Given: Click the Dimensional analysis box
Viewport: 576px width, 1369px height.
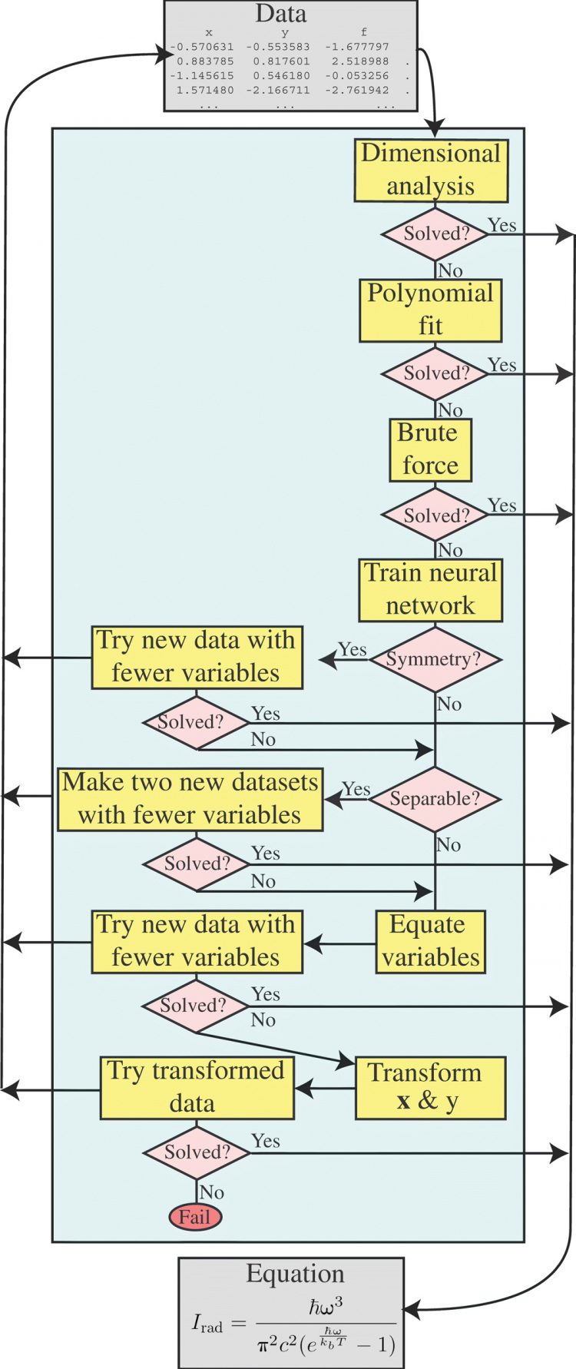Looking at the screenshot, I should point(431,170).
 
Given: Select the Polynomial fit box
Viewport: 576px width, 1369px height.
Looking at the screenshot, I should point(430,310).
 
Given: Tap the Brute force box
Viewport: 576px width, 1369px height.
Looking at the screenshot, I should point(430,449).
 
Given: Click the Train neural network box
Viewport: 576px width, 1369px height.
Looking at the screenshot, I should point(430,589).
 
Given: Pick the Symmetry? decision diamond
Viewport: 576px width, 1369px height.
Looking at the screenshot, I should point(435,659).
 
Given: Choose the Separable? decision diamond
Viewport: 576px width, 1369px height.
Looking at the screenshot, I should point(435,799).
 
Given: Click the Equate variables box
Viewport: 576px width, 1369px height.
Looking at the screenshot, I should point(430,941).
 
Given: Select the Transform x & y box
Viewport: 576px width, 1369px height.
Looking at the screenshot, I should point(430,1087).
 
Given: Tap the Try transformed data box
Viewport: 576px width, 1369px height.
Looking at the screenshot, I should point(197,1087).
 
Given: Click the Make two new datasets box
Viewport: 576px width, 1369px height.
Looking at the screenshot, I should point(190,799).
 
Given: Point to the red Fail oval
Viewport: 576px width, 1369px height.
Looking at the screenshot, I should point(195,1217).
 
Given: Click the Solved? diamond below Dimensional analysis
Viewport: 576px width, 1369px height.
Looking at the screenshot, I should point(435,234).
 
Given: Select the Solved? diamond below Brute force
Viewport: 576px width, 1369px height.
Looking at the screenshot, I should point(435,515).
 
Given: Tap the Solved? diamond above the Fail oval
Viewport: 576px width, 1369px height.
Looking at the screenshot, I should point(197,1152).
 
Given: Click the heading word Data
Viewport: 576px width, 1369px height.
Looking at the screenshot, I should point(281,14).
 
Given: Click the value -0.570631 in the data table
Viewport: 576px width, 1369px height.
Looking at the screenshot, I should point(202,47).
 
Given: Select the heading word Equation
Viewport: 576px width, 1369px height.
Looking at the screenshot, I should point(295,1273).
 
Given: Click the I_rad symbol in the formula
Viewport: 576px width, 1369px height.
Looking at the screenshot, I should point(207,1324).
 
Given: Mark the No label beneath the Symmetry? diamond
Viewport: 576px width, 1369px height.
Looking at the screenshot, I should point(449,704).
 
